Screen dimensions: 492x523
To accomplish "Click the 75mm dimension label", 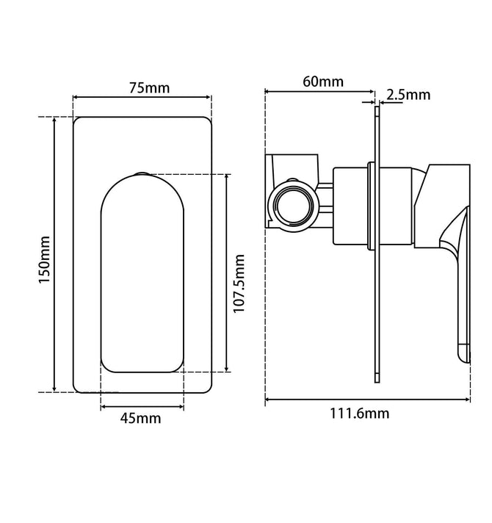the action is tap(149, 88).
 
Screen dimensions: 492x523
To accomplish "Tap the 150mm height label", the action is tap(44, 260).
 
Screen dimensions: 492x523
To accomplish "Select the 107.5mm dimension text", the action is tap(239, 284).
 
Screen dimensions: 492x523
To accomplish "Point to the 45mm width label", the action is tap(141, 418).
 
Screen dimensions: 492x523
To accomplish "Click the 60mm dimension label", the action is tap(323, 82).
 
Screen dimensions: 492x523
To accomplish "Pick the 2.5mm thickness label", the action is tap(408, 95).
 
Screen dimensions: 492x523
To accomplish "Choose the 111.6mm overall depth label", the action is tap(360, 414).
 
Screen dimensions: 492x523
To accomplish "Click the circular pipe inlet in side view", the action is tap(294, 206).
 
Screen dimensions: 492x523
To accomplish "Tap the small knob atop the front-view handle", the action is tap(142, 174).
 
